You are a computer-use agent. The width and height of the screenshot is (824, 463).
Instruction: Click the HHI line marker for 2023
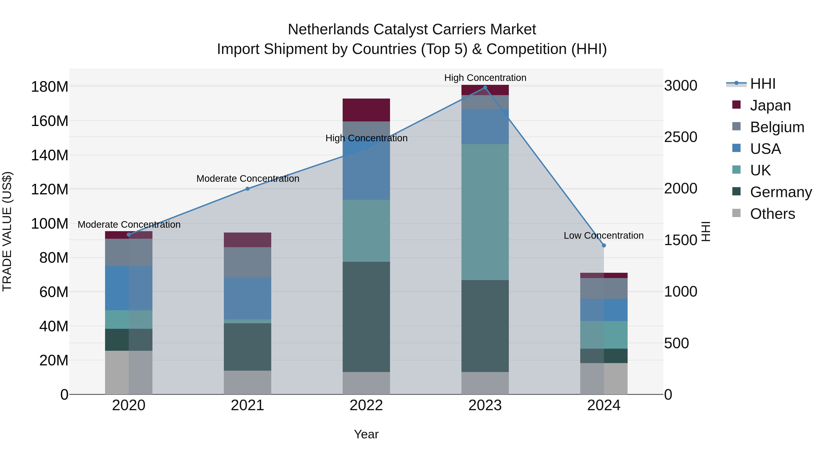tap(485, 88)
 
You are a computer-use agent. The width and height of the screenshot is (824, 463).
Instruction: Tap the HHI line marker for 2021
tap(248, 189)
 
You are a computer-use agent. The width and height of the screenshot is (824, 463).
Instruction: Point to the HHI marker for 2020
tap(129, 235)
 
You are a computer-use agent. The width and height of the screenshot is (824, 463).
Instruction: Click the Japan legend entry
tap(770, 105)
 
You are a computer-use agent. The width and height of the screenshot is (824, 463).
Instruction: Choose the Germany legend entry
tap(781, 192)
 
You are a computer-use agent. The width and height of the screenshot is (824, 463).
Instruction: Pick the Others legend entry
tap(772, 214)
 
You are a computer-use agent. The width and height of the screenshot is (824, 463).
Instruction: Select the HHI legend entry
tap(763, 84)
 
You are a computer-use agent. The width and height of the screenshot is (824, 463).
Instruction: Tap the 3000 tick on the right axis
tap(681, 86)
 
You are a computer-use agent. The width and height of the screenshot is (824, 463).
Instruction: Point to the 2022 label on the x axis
tap(366, 405)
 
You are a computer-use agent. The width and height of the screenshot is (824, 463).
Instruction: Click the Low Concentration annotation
tap(604, 236)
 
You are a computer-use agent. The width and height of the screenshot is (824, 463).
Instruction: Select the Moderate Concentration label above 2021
tap(248, 179)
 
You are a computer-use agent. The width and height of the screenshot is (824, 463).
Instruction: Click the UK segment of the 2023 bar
tap(485, 212)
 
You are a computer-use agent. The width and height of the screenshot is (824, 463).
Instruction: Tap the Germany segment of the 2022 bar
tap(366, 317)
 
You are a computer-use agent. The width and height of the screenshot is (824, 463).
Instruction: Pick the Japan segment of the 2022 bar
tap(366, 110)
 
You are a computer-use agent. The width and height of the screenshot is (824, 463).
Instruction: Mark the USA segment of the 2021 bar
tap(248, 298)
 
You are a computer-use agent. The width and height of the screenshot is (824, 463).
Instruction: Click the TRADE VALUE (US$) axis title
tap(7, 231)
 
